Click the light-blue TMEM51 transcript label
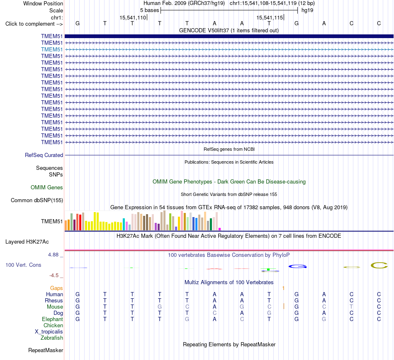tap(52, 49)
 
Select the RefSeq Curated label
tap(44, 155)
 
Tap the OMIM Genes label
tap(47, 188)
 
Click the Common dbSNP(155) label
tap(37, 201)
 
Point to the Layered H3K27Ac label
tap(27, 242)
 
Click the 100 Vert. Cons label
tap(23, 265)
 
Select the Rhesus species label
tap(54, 300)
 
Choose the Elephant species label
tap(52, 319)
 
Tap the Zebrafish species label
tap(52, 338)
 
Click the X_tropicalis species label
tap(49, 332)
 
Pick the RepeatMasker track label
tap(46, 350)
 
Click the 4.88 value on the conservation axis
tap(53, 255)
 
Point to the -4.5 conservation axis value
tap(54, 275)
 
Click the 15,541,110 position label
tap(133, 17)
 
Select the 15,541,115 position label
tap(270, 17)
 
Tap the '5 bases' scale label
tap(149, 10)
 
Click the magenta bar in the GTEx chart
tap(220, 229)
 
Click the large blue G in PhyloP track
tap(297, 266)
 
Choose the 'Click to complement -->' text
tap(34, 24)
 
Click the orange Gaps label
tap(56, 288)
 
